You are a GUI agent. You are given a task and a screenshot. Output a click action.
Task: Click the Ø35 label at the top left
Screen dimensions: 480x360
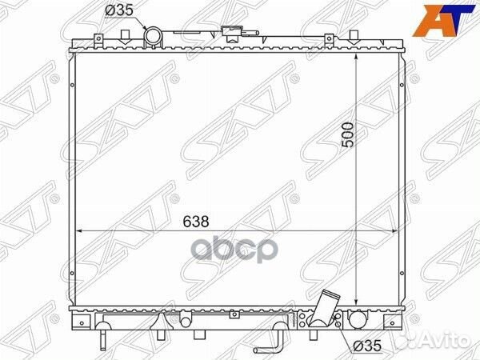click(x=118, y=10)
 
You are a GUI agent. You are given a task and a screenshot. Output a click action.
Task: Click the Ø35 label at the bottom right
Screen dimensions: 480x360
click(x=367, y=346)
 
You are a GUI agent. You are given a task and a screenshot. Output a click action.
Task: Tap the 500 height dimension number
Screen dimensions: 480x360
click(x=347, y=134)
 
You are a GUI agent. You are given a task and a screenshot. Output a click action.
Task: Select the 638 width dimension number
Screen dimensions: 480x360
click(x=196, y=222)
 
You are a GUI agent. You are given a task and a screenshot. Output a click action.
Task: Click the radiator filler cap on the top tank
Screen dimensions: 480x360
click(x=232, y=33)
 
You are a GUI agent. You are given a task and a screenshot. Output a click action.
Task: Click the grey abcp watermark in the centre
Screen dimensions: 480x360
click(x=236, y=250)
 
